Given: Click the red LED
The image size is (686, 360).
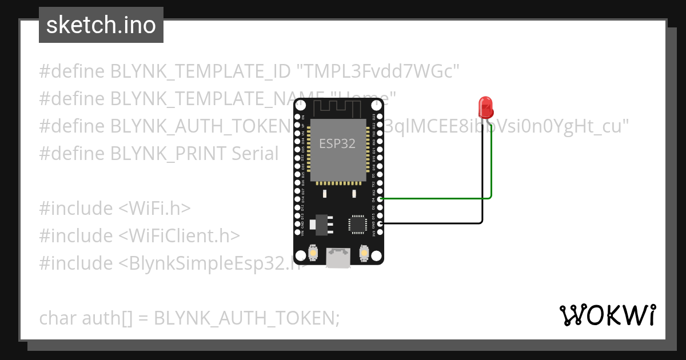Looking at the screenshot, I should point(485,107).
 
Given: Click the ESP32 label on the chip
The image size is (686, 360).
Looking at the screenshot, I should point(337,143).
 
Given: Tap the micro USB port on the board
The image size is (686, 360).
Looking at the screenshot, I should point(338,258).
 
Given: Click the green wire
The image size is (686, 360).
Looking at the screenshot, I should point(434,198).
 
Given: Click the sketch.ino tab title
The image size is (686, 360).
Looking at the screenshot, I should point(101,25).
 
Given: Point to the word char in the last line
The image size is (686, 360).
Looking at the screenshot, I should point(58,318).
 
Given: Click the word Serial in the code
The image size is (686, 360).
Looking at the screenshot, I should point(255,154).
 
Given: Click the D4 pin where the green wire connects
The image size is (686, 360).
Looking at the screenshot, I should point(380,198).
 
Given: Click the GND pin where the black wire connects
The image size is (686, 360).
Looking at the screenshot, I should point(380,223).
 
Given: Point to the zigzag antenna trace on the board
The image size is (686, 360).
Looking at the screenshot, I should point(338,106).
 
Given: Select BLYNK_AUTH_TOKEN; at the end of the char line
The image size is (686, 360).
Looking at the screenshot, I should point(247,318).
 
